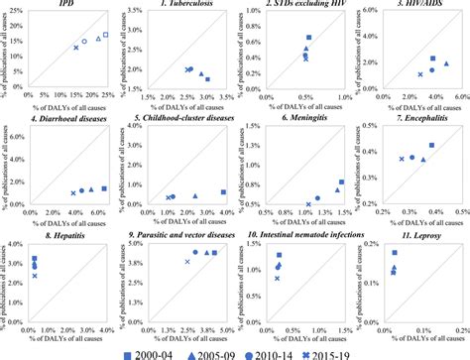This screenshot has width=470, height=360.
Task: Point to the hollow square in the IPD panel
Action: (106, 36)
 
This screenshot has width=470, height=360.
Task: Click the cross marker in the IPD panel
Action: (75, 48)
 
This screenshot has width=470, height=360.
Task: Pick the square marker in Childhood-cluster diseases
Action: (223, 192)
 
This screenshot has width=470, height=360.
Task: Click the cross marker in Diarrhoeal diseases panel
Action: (72, 192)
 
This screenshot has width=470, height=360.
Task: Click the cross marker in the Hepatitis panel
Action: (34, 275)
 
